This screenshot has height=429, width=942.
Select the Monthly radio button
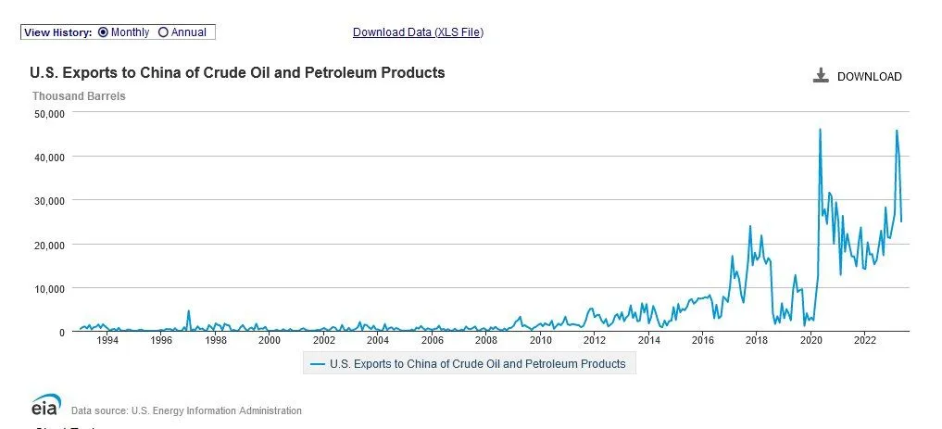tap(103, 32)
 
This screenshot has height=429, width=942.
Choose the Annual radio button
tap(164, 32)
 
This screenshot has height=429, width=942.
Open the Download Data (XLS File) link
tap(418, 32)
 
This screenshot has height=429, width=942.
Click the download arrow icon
tap(821, 76)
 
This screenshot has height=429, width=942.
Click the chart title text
tap(237, 72)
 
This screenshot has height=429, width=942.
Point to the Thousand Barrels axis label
tap(79, 95)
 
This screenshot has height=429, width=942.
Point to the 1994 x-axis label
tap(107, 341)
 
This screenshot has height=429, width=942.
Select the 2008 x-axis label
tap(486, 341)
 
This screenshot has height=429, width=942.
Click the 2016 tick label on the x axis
tap(702, 341)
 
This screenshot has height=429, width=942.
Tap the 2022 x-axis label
tap(864, 341)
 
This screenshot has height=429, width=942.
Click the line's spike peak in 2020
tap(820, 130)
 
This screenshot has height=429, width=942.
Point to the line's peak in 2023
tap(897, 131)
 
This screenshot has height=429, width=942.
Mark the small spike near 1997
tap(189, 311)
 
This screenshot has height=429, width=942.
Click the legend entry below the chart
tap(470, 364)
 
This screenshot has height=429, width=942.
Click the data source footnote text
tap(186, 410)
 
